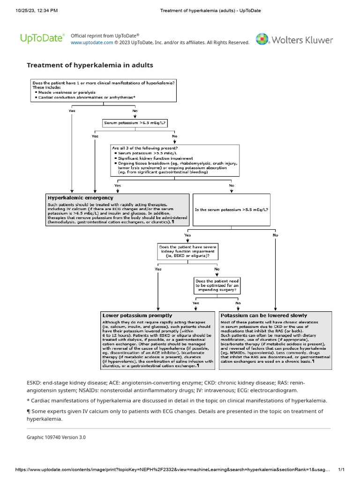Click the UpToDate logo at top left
(42, 38)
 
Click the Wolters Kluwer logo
(294, 39)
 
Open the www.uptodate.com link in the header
(91, 43)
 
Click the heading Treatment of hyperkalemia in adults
(90, 65)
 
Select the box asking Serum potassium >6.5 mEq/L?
(135, 123)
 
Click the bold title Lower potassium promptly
(137, 315)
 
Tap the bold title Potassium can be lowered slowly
(264, 315)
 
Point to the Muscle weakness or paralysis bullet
(67, 92)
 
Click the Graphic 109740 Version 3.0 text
(56, 437)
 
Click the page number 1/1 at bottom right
(341, 470)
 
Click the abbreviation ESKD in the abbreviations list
(35, 382)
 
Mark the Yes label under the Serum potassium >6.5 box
(95, 136)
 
